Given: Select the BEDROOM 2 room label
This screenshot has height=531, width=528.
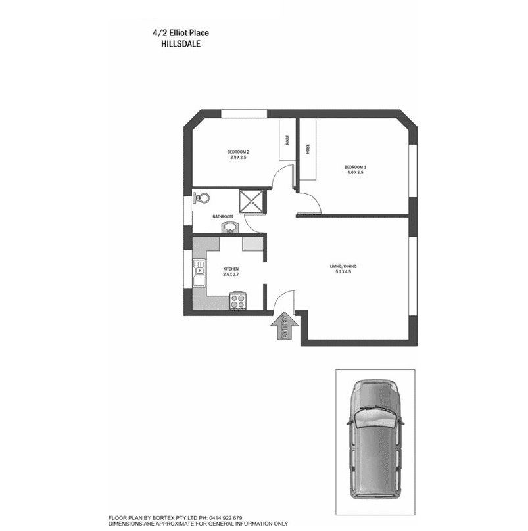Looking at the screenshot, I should (239, 152).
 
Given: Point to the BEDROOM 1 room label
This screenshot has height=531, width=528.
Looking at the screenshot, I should (355, 167).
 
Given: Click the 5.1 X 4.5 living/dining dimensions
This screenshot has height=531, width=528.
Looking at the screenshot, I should (344, 271).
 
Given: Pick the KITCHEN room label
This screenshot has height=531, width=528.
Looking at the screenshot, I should (231, 269).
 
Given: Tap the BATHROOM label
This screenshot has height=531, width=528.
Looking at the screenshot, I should (222, 216).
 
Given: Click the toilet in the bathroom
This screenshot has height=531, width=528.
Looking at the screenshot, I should (201, 197).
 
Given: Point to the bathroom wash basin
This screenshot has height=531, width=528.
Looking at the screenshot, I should (229, 228).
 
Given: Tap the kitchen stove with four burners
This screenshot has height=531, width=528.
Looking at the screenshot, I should (237, 301).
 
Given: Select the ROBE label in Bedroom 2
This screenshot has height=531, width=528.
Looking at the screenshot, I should (287, 139).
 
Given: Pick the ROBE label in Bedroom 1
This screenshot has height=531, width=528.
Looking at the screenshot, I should (308, 149).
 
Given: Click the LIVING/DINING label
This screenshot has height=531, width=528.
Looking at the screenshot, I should (343, 266).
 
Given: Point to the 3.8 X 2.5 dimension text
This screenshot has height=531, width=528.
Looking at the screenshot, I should (238, 157).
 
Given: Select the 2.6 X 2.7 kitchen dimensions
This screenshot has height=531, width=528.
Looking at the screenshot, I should (231, 275).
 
